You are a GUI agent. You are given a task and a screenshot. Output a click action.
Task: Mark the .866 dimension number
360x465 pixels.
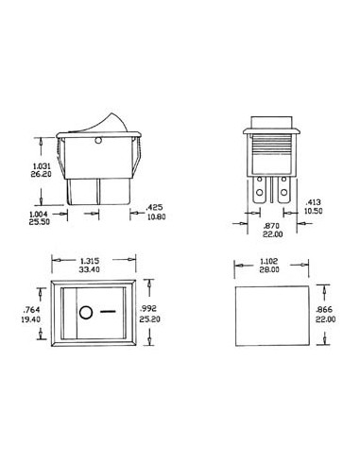326,309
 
